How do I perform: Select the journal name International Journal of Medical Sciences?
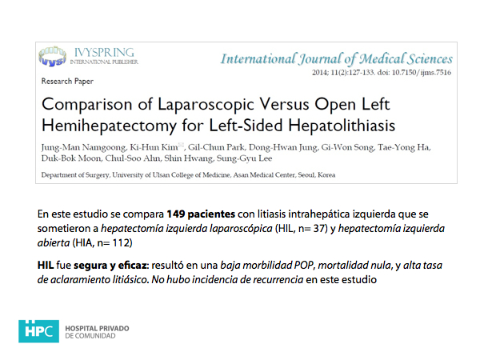[336, 58]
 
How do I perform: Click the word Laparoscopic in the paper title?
[185, 105]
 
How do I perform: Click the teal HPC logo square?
[37, 329]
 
